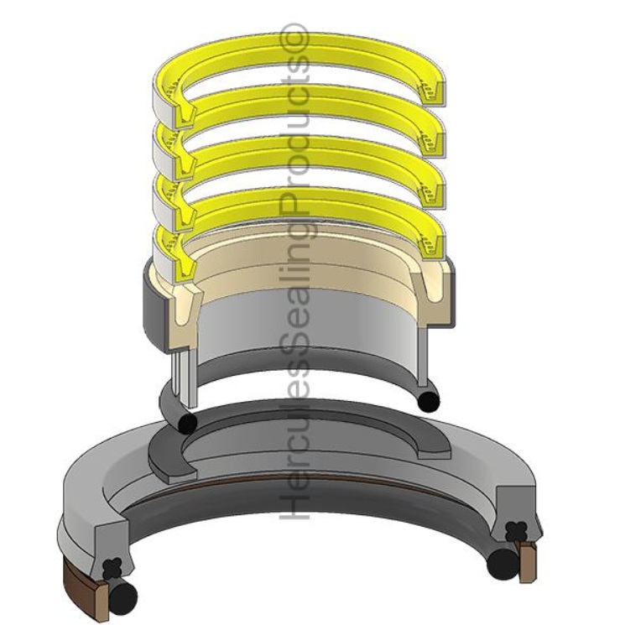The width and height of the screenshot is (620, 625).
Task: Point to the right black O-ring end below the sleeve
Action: [428, 402]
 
